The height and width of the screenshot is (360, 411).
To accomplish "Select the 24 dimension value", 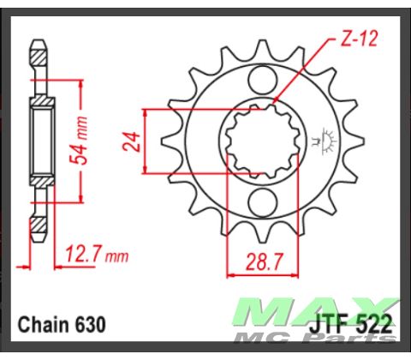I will coord(131,142).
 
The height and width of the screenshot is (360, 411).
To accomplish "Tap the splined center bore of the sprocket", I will coord(259,142).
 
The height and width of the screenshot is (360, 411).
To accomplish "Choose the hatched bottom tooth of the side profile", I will coord(39,227).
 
